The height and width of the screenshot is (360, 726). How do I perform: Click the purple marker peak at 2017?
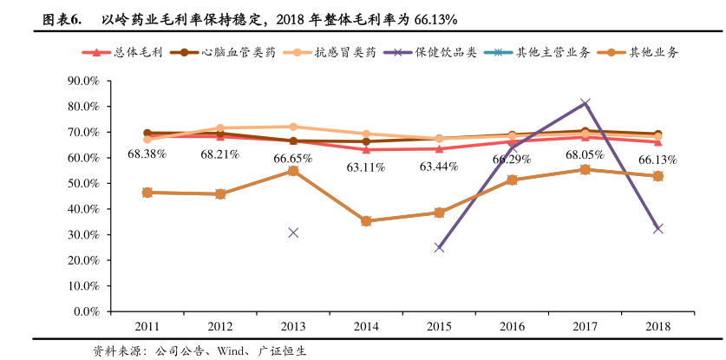pos(585,103)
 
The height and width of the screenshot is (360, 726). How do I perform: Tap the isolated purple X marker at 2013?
pos(293,232)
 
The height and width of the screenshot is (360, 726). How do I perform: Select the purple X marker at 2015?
pos(439,247)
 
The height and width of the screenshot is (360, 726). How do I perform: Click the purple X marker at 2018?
pos(657,228)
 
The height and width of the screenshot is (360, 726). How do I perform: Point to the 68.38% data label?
pos(147,154)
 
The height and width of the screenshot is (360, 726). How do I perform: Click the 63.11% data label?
pos(365,167)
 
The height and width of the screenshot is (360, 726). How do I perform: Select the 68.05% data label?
pos(585,154)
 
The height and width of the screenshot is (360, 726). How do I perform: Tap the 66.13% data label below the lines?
pos(657,160)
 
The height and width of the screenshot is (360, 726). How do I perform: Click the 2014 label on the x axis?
pos(366,326)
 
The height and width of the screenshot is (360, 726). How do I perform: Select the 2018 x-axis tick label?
pos(657,326)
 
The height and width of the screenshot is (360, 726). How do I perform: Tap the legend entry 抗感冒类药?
pos(344,52)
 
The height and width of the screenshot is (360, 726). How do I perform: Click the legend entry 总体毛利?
pos(132,52)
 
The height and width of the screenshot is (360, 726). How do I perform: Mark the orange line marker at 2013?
pos(293,171)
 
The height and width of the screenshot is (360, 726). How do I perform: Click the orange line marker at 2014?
pos(366,221)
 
